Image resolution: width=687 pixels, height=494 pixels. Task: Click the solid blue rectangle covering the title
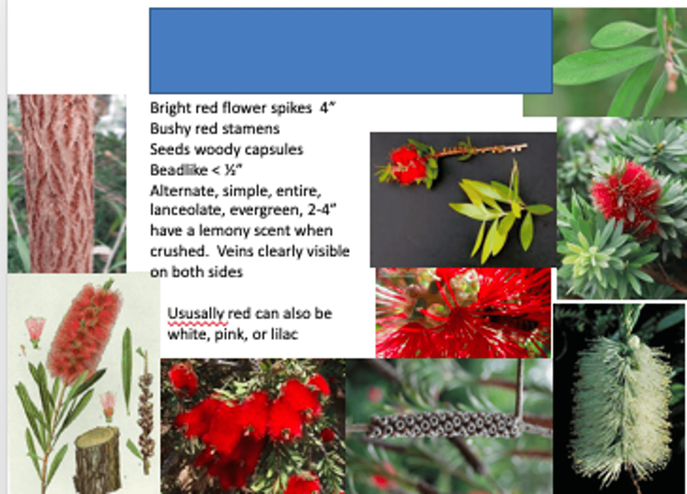351,51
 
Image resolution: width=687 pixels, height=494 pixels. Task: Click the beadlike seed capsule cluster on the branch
444,424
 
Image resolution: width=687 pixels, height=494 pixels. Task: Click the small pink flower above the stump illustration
108,404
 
